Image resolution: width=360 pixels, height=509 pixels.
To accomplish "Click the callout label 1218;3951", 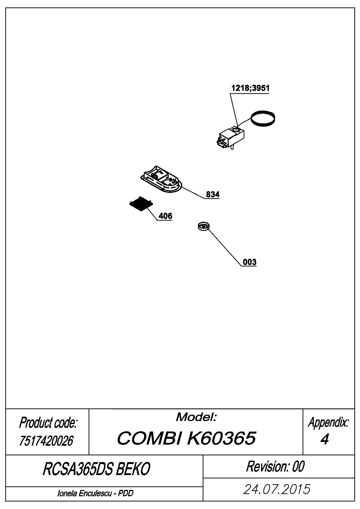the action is (x=250, y=88).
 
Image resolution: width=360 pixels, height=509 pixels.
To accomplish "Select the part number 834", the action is (x=213, y=195).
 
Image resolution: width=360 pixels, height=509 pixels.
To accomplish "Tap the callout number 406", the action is (x=165, y=216).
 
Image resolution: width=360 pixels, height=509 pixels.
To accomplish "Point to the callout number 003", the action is (x=250, y=262).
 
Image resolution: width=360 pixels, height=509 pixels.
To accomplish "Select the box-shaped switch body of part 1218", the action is (x=231, y=137).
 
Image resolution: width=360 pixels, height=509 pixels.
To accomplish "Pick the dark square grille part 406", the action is (x=141, y=204).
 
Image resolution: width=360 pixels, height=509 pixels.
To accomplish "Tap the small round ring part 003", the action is (x=204, y=226).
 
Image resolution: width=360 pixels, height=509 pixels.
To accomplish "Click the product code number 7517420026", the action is (x=46, y=441).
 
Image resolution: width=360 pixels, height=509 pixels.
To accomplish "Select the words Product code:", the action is (x=48, y=423).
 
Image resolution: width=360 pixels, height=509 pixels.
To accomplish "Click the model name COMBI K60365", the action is (x=186, y=438).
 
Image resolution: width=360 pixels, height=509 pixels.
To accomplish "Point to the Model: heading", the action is (x=196, y=417).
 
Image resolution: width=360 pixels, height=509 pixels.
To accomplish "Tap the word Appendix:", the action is (x=329, y=422).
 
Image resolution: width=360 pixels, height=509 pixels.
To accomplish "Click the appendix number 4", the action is (x=325, y=439).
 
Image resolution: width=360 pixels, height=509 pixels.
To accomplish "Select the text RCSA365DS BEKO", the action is (x=96, y=469).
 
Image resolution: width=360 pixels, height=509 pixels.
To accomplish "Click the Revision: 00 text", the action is (x=275, y=466).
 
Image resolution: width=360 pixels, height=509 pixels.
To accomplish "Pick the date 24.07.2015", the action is (x=277, y=489).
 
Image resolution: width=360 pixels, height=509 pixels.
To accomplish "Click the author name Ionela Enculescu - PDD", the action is (x=95, y=493).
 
